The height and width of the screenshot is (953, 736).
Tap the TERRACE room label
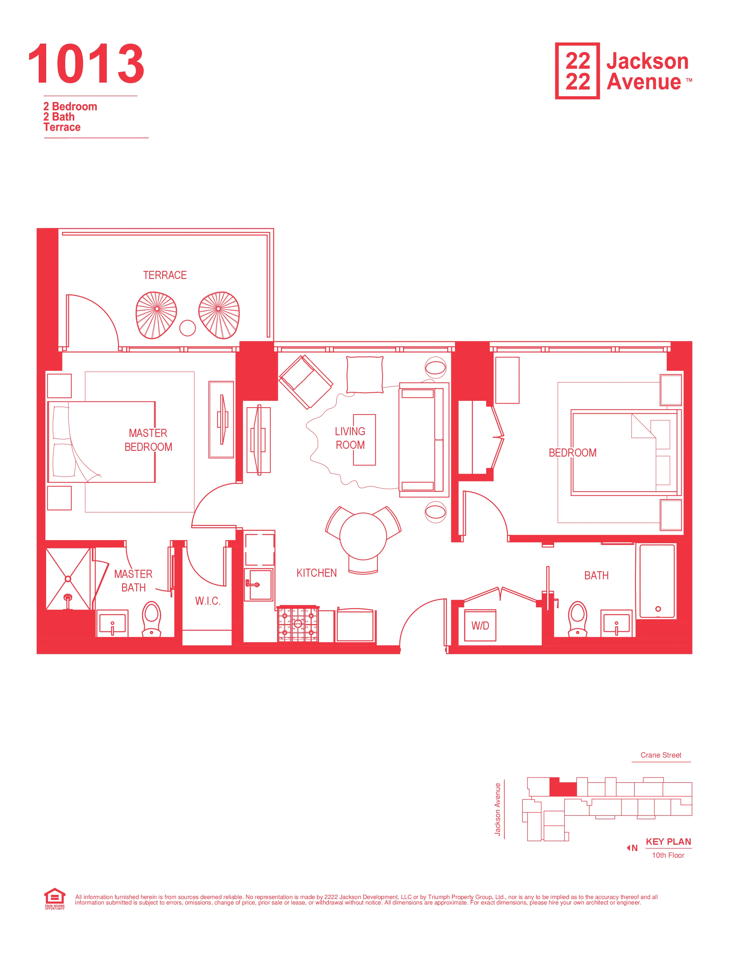pyautogui.click(x=165, y=275)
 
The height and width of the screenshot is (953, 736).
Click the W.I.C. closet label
pyautogui.click(x=208, y=601)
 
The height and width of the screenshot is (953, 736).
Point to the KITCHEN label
pyautogui.click(x=317, y=573)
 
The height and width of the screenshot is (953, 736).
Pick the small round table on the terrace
pyautogui.click(x=188, y=328)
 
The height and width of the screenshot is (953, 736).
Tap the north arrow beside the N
pyautogui.click(x=628, y=848)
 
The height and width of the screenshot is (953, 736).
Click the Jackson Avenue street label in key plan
pyautogui.click(x=498, y=809)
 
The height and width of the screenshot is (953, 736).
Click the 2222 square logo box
pyautogui.click(x=577, y=71)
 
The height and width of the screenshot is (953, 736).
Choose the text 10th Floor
pyautogui.click(x=668, y=855)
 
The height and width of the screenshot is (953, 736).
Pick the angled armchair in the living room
pyautogui.click(x=305, y=381)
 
